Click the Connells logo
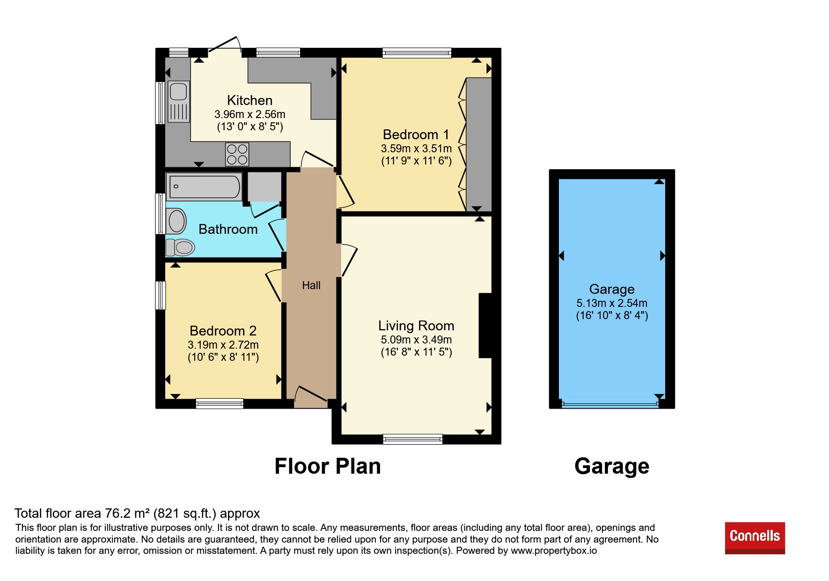(755, 538)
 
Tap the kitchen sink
(178, 102)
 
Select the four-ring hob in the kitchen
(237, 154)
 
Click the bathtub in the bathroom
(204, 186)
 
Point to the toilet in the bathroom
(180, 247)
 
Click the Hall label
(311, 285)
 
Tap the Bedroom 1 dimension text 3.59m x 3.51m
(416, 149)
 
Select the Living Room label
(416, 326)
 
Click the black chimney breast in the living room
(485, 326)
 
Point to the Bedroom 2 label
(223, 331)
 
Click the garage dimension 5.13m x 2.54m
(612, 303)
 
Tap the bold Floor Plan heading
(328, 466)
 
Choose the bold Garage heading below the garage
(612, 466)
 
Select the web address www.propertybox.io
(554, 551)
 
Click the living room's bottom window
(412, 439)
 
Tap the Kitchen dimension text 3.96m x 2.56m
(250, 114)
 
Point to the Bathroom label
(228, 229)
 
